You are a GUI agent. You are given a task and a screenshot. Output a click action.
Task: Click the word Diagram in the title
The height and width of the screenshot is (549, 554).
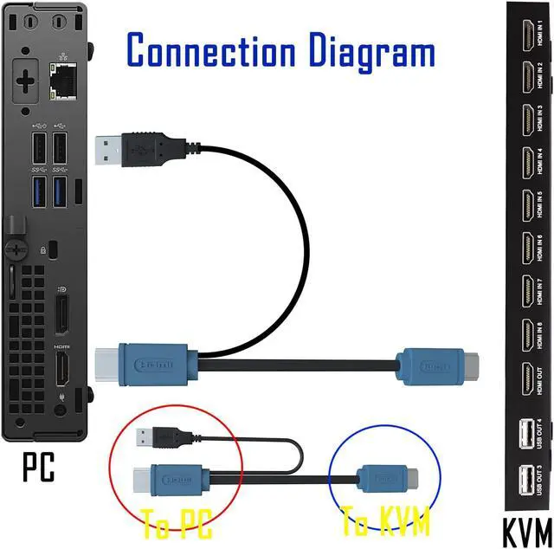point(373,51)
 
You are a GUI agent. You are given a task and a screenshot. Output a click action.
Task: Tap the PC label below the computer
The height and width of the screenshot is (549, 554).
point(39,467)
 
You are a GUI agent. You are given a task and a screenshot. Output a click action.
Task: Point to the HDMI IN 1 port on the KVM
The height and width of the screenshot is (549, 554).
point(525,37)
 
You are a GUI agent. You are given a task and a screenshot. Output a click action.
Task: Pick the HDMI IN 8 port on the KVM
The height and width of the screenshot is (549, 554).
point(525,334)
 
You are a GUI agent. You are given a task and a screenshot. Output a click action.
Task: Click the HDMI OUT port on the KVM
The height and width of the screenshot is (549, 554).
point(525,378)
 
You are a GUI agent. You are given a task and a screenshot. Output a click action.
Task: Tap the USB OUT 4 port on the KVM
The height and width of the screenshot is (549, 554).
point(525,434)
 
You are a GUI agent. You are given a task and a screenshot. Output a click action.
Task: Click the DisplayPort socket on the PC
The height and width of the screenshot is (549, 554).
point(63,315)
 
